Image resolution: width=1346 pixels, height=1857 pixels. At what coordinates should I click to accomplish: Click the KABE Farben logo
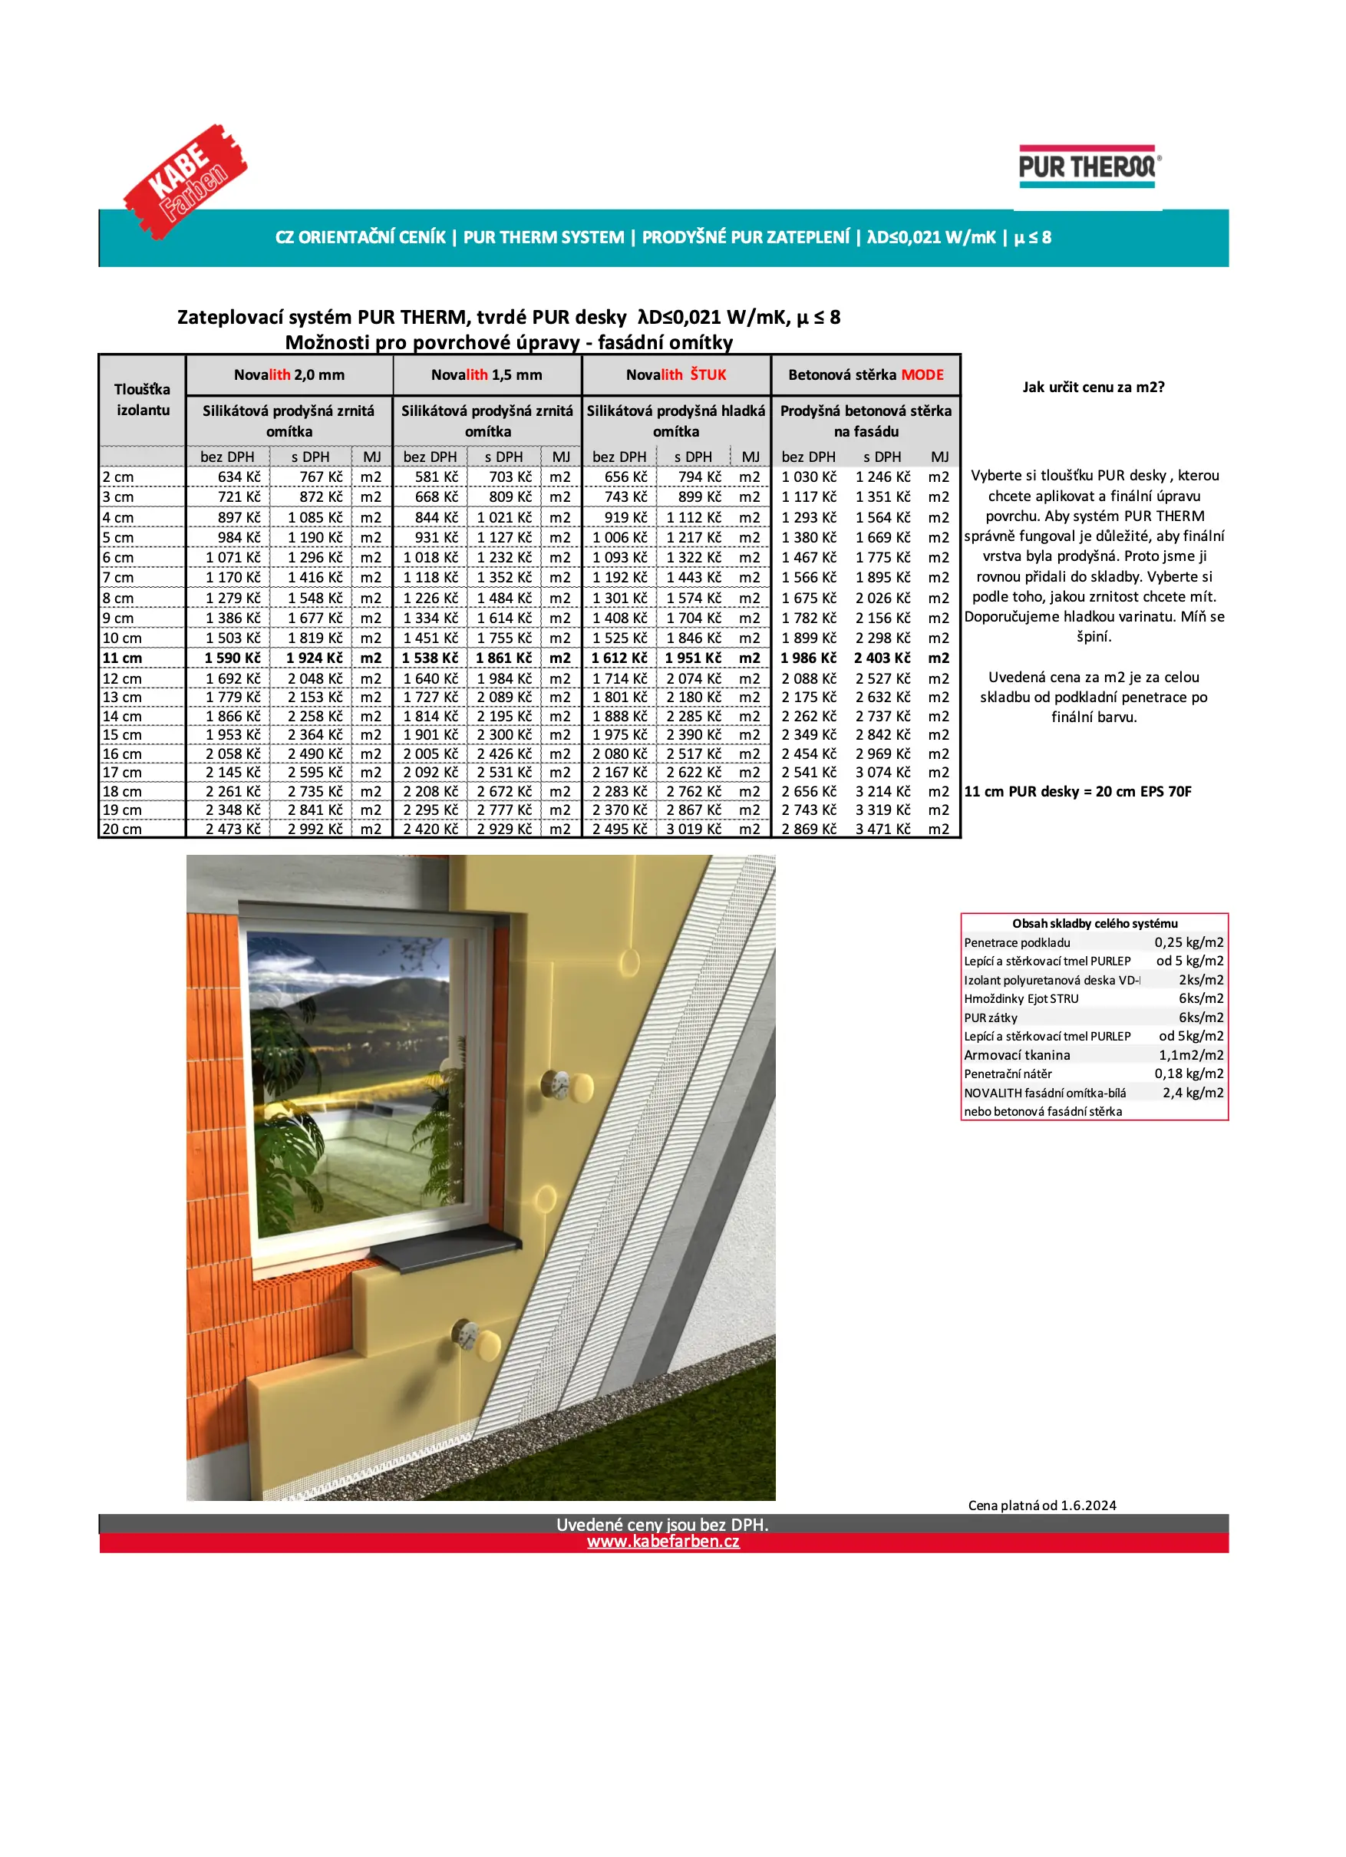tap(185, 181)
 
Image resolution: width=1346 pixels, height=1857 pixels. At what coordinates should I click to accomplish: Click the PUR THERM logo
tap(1088, 168)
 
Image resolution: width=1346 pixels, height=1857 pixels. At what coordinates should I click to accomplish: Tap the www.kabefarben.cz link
tap(662, 1541)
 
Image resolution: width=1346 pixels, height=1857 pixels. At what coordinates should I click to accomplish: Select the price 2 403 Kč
tap(882, 658)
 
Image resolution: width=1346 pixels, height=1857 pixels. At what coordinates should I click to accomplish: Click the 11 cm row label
tap(122, 658)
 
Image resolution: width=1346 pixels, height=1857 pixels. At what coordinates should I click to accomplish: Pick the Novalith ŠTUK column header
tap(675, 375)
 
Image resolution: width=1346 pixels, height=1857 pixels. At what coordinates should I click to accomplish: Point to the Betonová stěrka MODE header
tap(866, 375)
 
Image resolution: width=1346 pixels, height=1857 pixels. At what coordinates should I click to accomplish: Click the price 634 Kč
tap(238, 477)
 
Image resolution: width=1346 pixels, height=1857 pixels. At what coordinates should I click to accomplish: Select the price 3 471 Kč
tap(882, 829)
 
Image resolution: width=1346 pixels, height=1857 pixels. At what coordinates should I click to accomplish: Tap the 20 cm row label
tap(122, 829)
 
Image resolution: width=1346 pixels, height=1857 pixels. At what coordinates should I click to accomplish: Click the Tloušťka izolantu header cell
tap(143, 400)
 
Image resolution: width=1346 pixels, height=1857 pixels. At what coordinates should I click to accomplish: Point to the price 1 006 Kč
tap(619, 537)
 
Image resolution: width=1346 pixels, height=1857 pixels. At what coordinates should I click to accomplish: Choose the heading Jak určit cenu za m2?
tap(1093, 388)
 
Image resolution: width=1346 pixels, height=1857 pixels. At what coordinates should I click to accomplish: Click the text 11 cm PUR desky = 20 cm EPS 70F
tap(1077, 792)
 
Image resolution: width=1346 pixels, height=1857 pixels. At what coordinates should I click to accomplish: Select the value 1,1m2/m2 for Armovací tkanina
tap(1190, 1055)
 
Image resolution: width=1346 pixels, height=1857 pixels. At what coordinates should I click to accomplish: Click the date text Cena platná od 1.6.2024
tap(1041, 1505)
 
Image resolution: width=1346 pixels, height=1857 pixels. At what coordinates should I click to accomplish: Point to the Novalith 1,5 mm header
tap(487, 375)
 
